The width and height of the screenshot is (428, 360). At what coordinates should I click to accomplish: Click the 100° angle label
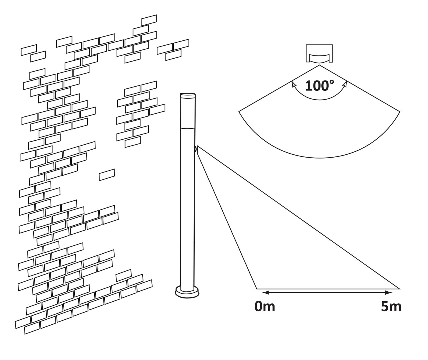319,86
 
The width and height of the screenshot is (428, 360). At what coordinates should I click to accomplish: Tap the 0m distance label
265,306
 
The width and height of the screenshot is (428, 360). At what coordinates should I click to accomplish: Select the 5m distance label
391,306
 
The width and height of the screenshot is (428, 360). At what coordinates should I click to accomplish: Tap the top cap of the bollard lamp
187,95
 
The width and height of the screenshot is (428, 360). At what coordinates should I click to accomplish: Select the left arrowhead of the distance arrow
265,293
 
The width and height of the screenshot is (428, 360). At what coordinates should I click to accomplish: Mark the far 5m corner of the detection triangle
399,289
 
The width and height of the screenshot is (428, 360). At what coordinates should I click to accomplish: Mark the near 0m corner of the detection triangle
257,289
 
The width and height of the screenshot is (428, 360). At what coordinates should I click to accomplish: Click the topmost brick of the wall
149,20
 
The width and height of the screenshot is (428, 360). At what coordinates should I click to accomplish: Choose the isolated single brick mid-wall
107,175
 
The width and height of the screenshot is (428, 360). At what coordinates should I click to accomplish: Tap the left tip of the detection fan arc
239,111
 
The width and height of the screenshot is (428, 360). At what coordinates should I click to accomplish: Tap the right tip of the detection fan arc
400,111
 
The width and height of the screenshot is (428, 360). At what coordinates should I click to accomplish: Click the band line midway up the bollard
187,127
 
